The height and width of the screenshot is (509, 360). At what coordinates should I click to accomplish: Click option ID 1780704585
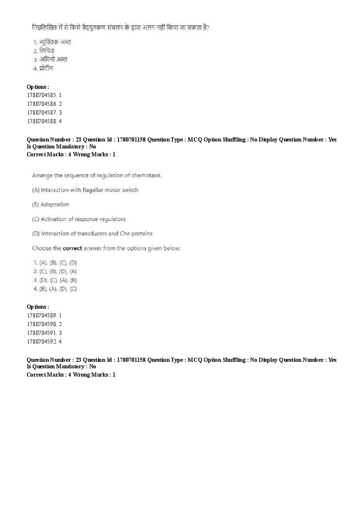[44, 95]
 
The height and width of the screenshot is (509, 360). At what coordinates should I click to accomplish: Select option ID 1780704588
[44, 121]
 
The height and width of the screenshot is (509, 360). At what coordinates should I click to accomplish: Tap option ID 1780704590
[44, 324]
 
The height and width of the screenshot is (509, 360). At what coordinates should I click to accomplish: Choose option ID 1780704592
[44, 341]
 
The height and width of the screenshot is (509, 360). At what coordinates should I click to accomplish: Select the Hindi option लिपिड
[46, 51]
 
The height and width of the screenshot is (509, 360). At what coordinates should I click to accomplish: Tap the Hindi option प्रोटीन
[46, 68]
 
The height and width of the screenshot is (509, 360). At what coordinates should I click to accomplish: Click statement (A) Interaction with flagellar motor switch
[85, 190]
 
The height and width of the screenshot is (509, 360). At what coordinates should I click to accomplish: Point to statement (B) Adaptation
[51, 204]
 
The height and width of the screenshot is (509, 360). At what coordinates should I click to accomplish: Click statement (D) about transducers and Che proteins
[92, 233]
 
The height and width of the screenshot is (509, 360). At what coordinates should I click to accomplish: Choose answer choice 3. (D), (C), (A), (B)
[55, 280]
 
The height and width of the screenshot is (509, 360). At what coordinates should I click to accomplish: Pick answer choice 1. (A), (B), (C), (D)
[55, 263]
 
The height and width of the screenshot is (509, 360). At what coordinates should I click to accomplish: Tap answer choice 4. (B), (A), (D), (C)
[55, 289]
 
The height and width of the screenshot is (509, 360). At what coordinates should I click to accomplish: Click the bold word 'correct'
[72, 248]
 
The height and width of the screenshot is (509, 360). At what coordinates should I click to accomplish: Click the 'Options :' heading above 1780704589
[38, 307]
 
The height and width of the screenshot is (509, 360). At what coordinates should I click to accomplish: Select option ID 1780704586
[44, 104]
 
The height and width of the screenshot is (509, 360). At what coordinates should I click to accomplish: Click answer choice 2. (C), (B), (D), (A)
[55, 271]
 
